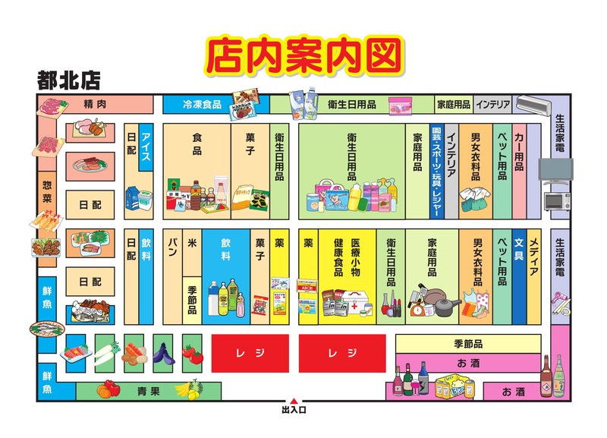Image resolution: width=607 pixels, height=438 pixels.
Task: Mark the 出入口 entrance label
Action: [x=294, y=411]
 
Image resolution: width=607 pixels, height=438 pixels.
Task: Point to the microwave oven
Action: [x=556, y=201]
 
